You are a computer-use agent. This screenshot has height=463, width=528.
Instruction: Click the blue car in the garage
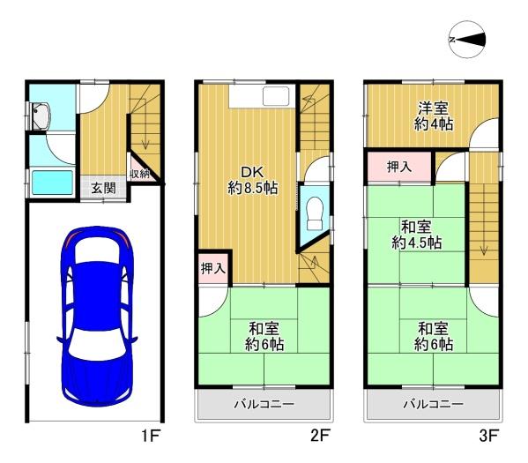(x=97, y=316)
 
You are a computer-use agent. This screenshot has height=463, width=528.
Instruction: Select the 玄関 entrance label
(x=104, y=188)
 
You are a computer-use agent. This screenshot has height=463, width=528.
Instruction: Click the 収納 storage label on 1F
(x=140, y=174)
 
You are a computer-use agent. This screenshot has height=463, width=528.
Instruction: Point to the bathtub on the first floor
(x=52, y=183)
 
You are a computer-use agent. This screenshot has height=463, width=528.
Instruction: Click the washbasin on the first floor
(x=41, y=116)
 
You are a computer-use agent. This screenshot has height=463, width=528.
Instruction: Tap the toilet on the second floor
(x=315, y=213)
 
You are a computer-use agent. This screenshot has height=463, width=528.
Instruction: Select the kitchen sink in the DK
(x=276, y=96)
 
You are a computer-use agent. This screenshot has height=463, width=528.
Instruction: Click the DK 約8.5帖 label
(x=253, y=180)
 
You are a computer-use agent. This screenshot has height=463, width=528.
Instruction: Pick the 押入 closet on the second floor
(x=213, y=268)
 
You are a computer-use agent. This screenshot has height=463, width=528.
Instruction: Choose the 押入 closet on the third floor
(x=399, y=167)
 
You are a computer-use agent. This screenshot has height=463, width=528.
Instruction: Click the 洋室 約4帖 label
(x=434, y=116)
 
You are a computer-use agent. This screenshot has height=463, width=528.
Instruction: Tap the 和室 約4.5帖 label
(x=417, y=235)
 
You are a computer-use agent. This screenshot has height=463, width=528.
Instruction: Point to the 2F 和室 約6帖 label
(x=264, y=336)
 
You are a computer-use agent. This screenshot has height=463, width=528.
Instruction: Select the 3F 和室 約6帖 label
(x=434, y=336)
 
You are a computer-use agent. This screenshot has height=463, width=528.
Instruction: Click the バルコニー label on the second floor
(x=264, y=404)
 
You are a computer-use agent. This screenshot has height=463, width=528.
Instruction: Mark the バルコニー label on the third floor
(x=434, y=404)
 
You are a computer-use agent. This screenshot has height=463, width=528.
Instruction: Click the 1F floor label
(x=150, y=436)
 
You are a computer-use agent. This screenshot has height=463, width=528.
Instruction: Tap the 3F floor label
(x=488, y=436)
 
